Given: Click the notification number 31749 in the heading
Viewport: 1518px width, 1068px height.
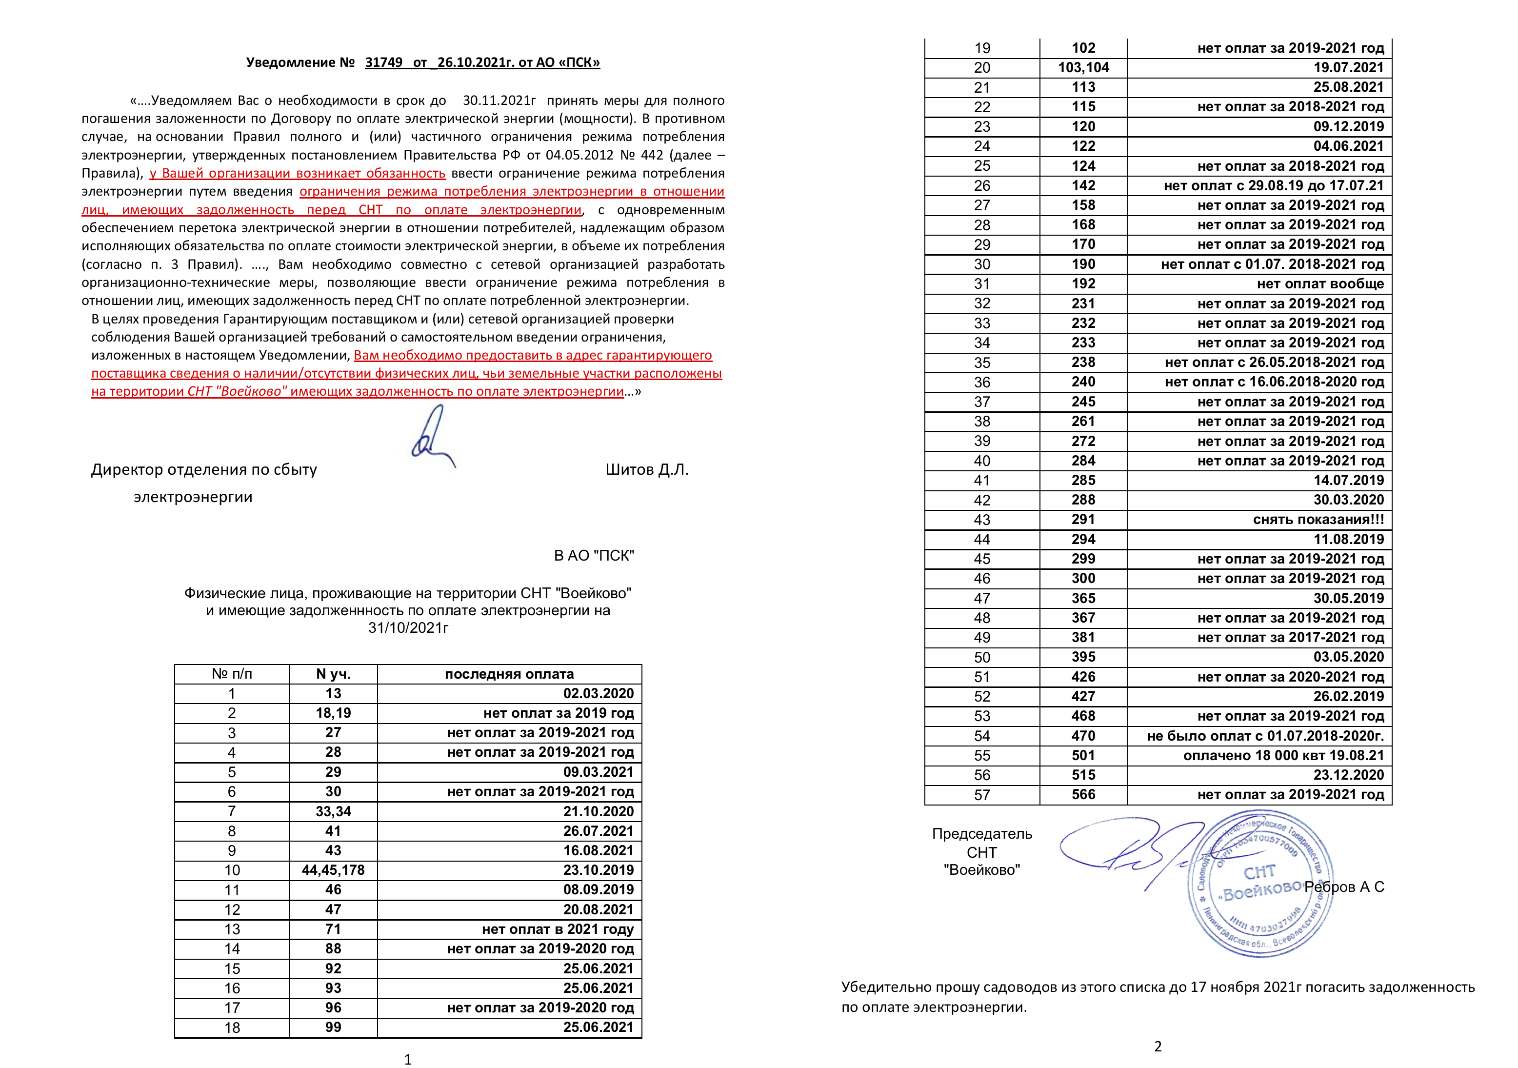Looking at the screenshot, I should coord(383,63).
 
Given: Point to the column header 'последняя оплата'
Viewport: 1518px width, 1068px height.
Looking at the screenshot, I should coord(509,674).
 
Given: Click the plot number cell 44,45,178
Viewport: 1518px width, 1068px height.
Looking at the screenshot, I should coord(333,870).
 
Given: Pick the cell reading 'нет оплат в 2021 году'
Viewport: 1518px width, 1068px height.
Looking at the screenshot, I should coord(558,929).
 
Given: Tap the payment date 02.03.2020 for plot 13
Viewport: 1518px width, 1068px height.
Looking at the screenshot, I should coord(599,694).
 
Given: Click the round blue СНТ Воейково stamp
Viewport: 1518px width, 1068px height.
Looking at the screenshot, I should coord(1260,884).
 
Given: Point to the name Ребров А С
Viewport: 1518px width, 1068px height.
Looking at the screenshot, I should coord(1344,887).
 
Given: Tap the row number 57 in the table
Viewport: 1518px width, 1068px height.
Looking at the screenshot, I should coord(982,795).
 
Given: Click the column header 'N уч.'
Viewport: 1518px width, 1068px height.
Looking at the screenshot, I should coord(333,674).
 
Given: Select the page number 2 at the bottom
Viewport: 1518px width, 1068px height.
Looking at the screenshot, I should coord(1158,1046).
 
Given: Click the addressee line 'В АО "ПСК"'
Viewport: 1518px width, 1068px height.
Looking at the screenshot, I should coord(594,556).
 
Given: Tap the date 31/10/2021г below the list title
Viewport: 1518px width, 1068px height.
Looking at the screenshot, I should coord(408,627).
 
